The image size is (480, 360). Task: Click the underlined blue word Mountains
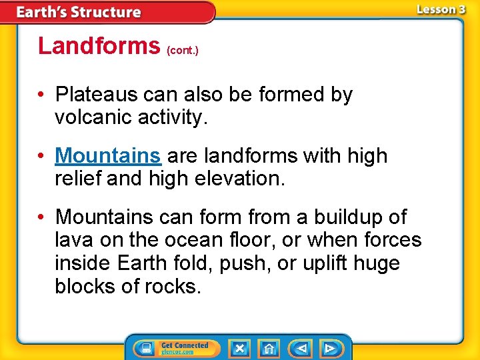[108, 156]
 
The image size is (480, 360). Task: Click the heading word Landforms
[99, 45]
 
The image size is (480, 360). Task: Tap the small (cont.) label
[183, 49]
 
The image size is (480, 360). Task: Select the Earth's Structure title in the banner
[79, 12]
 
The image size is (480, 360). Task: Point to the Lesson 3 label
[441, 9]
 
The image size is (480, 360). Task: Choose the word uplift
[331, 263]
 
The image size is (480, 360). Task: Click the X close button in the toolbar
[239, 349]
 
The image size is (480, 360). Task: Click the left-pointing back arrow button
[301, 349]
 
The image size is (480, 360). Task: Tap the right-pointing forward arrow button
[330, 349]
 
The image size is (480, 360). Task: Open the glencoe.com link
[177, 352]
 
